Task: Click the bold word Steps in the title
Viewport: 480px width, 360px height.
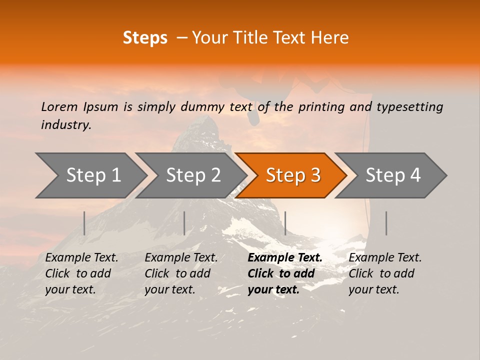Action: point(145,37)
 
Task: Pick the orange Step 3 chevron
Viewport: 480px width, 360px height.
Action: point(293,175)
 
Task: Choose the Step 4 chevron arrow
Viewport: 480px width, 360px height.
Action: point(393,175)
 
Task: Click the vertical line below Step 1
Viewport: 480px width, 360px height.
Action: point(84,223)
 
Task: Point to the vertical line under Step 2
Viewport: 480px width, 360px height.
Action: point(184,223)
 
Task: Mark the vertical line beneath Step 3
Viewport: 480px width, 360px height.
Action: point(285,223)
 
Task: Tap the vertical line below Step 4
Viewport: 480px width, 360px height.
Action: point(386,223)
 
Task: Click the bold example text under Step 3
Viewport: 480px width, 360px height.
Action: point(285,273)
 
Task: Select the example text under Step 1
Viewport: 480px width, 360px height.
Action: point(81,273)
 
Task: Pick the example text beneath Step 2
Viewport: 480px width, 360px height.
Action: point(181,273)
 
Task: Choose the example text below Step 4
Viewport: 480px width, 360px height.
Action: point(385,273)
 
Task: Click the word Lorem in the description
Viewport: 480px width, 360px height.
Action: point(59,106)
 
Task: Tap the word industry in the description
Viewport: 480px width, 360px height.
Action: point(66,125)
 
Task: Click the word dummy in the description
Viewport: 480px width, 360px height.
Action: point(203,106)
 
